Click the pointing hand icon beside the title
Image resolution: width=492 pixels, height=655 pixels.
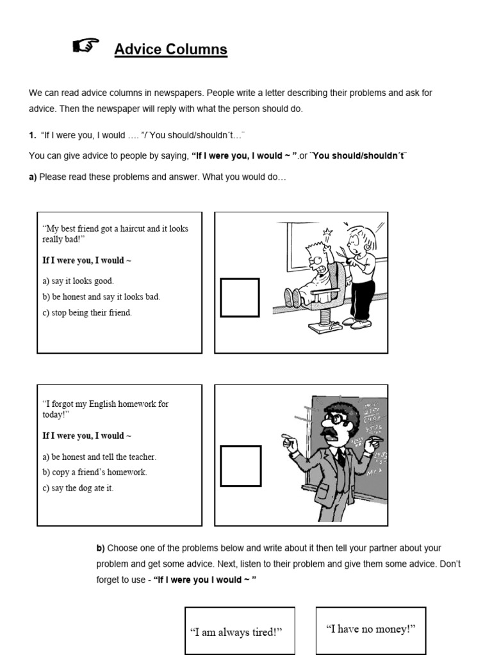click(86, 45)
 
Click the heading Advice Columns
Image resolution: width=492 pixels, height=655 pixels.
click(170, 49)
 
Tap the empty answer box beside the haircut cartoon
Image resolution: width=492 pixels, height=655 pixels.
click(240, 297)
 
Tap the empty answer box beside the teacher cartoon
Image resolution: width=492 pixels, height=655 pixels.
click(240, 466)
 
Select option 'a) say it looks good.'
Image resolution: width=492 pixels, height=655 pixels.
click(78, 281)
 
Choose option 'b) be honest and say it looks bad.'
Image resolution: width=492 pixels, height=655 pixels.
click(101, 297)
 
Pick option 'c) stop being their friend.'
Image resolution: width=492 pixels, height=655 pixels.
click(87, 313)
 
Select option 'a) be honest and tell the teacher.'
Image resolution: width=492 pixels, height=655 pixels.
click(99, 457)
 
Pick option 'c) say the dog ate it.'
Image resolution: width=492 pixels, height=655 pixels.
click(78, 488)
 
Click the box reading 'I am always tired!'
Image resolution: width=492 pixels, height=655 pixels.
click(236, 632)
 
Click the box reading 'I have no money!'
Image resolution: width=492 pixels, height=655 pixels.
click(371, 629)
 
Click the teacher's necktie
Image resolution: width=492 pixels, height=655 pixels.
click(341, 455)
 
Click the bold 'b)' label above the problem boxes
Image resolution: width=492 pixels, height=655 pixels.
click(101, 548)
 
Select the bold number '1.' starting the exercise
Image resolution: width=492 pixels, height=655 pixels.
click(32, 136)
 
